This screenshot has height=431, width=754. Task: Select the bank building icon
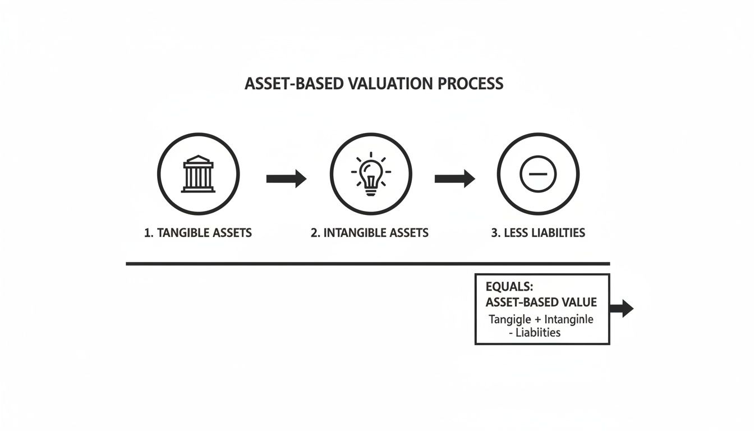point(198,174)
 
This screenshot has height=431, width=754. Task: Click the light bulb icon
point(370,174)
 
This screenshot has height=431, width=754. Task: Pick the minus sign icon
point(538,175)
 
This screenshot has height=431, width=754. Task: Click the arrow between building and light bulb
point(286,179)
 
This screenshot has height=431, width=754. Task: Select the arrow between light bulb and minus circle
point(454,179)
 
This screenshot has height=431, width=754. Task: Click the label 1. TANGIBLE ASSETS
point(198,232)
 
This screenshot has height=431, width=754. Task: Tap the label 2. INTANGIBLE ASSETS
point(370,232)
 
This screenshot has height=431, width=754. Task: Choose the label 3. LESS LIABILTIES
point(538,232)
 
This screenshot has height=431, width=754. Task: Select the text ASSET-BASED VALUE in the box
point(541,302)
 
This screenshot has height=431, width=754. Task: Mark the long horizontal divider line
point(367,263)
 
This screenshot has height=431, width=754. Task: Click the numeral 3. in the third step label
point(496,232)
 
